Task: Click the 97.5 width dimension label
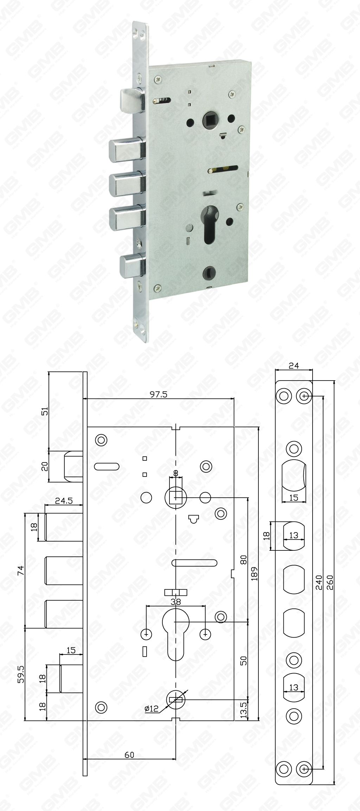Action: (159, 394)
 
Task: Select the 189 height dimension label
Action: (255, 574)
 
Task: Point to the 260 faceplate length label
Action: (330, 582)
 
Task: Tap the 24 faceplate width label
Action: (294, 366)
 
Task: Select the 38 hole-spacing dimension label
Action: (175, 602)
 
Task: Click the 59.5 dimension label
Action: (21, 674)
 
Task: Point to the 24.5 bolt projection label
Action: (64, 501)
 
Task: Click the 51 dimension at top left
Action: (45, 411)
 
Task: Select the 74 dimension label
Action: (21, 570)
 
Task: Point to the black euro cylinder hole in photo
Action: (208, 224)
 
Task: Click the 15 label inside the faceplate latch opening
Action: (294, 497)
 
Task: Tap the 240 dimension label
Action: (319, 582)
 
